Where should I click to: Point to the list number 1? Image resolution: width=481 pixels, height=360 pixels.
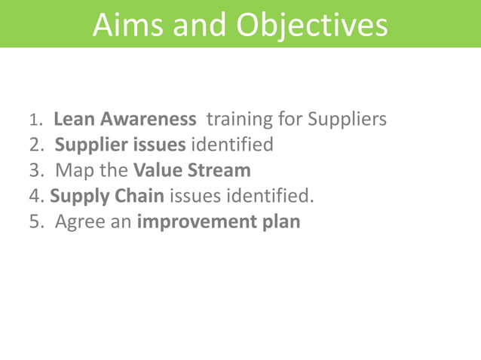32,121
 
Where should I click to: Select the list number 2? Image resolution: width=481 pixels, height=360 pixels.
34,145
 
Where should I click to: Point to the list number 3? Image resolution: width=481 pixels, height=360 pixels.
34,170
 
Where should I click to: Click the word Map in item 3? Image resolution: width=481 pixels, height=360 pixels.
72,170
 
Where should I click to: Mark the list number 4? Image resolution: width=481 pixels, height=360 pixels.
35,197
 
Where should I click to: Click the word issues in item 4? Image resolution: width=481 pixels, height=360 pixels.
192,197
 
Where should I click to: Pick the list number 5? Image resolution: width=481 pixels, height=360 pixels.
34,222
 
